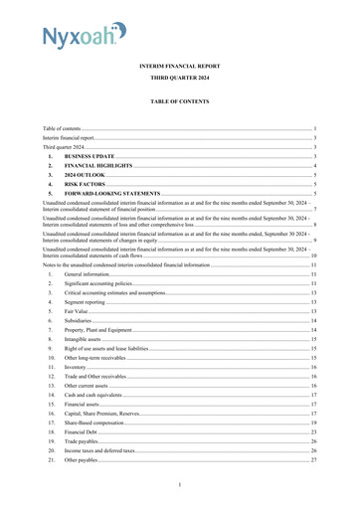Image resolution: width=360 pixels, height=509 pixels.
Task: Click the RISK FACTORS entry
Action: click(x=89, y=184)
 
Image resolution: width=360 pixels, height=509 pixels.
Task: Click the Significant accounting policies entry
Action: click(x=108, y=285)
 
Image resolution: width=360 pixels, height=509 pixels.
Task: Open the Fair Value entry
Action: click(x=80, y=312)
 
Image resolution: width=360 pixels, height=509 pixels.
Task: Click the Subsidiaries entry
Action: click(x=82, y=322)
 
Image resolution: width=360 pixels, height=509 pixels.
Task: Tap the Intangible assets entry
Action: click(x=88, y=340)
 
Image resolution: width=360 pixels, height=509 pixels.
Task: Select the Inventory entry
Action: click(x=79, y=368)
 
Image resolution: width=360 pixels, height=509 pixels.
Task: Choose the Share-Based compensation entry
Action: click(x=99, y=423)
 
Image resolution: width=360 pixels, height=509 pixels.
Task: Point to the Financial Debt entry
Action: click(x=86, y=432)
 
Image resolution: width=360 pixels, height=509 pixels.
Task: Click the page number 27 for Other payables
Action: click(x=312, y=460)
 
